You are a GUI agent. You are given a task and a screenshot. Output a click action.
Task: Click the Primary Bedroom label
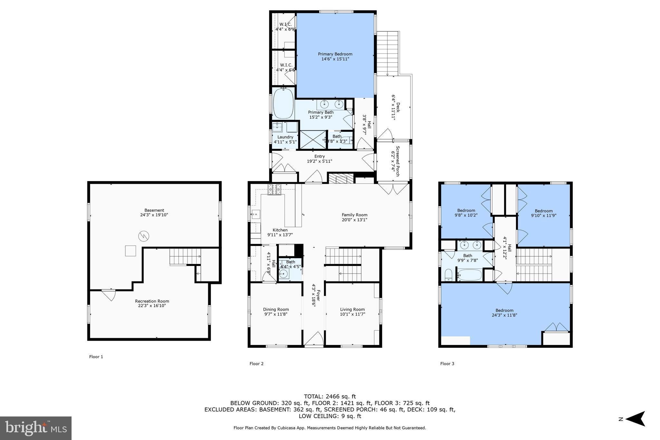(335, 54)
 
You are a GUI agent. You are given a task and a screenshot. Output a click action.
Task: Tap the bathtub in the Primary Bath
(283, 103)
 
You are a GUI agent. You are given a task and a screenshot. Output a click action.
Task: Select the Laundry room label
(285, 137)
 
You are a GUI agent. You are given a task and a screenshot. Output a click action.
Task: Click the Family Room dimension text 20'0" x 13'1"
(354, 220)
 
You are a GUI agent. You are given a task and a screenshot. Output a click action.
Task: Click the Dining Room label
(276, 309)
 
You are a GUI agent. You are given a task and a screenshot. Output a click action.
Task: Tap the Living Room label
(352, 309)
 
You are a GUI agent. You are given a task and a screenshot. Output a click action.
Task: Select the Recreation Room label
(152, 301)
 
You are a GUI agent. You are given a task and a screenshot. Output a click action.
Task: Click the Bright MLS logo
(36, 428)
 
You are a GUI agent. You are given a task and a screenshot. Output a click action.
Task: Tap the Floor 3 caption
(447, 364)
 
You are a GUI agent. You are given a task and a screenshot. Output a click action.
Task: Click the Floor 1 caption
(96, 357)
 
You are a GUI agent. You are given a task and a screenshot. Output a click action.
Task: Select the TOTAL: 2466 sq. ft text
(330, 396)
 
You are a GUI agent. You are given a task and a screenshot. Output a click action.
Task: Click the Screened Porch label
(397, 161)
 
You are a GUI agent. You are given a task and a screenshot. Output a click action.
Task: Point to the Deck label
(398, 107)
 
